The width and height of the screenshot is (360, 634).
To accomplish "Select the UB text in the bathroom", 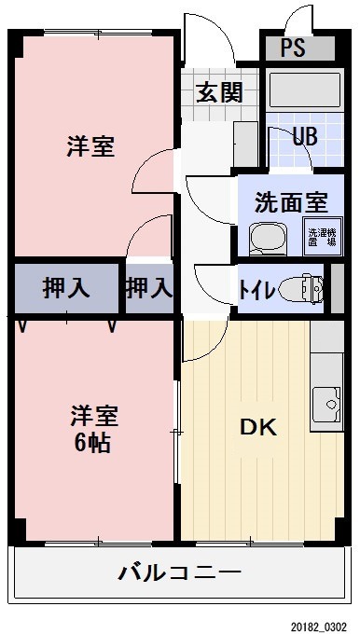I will point(304,136).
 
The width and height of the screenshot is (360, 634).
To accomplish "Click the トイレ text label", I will point(256,289).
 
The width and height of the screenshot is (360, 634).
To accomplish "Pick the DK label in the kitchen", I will point(258,428).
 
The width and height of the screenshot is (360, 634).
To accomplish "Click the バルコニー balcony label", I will point(179,572).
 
